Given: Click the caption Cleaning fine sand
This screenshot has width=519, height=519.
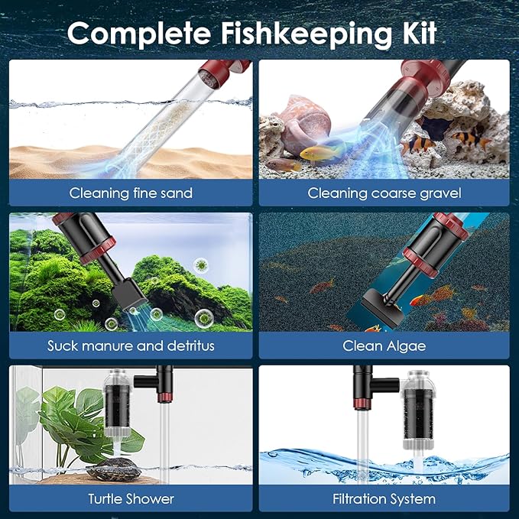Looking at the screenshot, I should [x=131, y=193].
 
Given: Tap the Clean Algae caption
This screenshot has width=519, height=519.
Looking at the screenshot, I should [x=384, y=345].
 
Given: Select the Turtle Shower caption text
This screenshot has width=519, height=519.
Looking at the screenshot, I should [x=131, y=499].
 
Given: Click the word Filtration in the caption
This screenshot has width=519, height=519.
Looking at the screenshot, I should [x=359, y=499].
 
